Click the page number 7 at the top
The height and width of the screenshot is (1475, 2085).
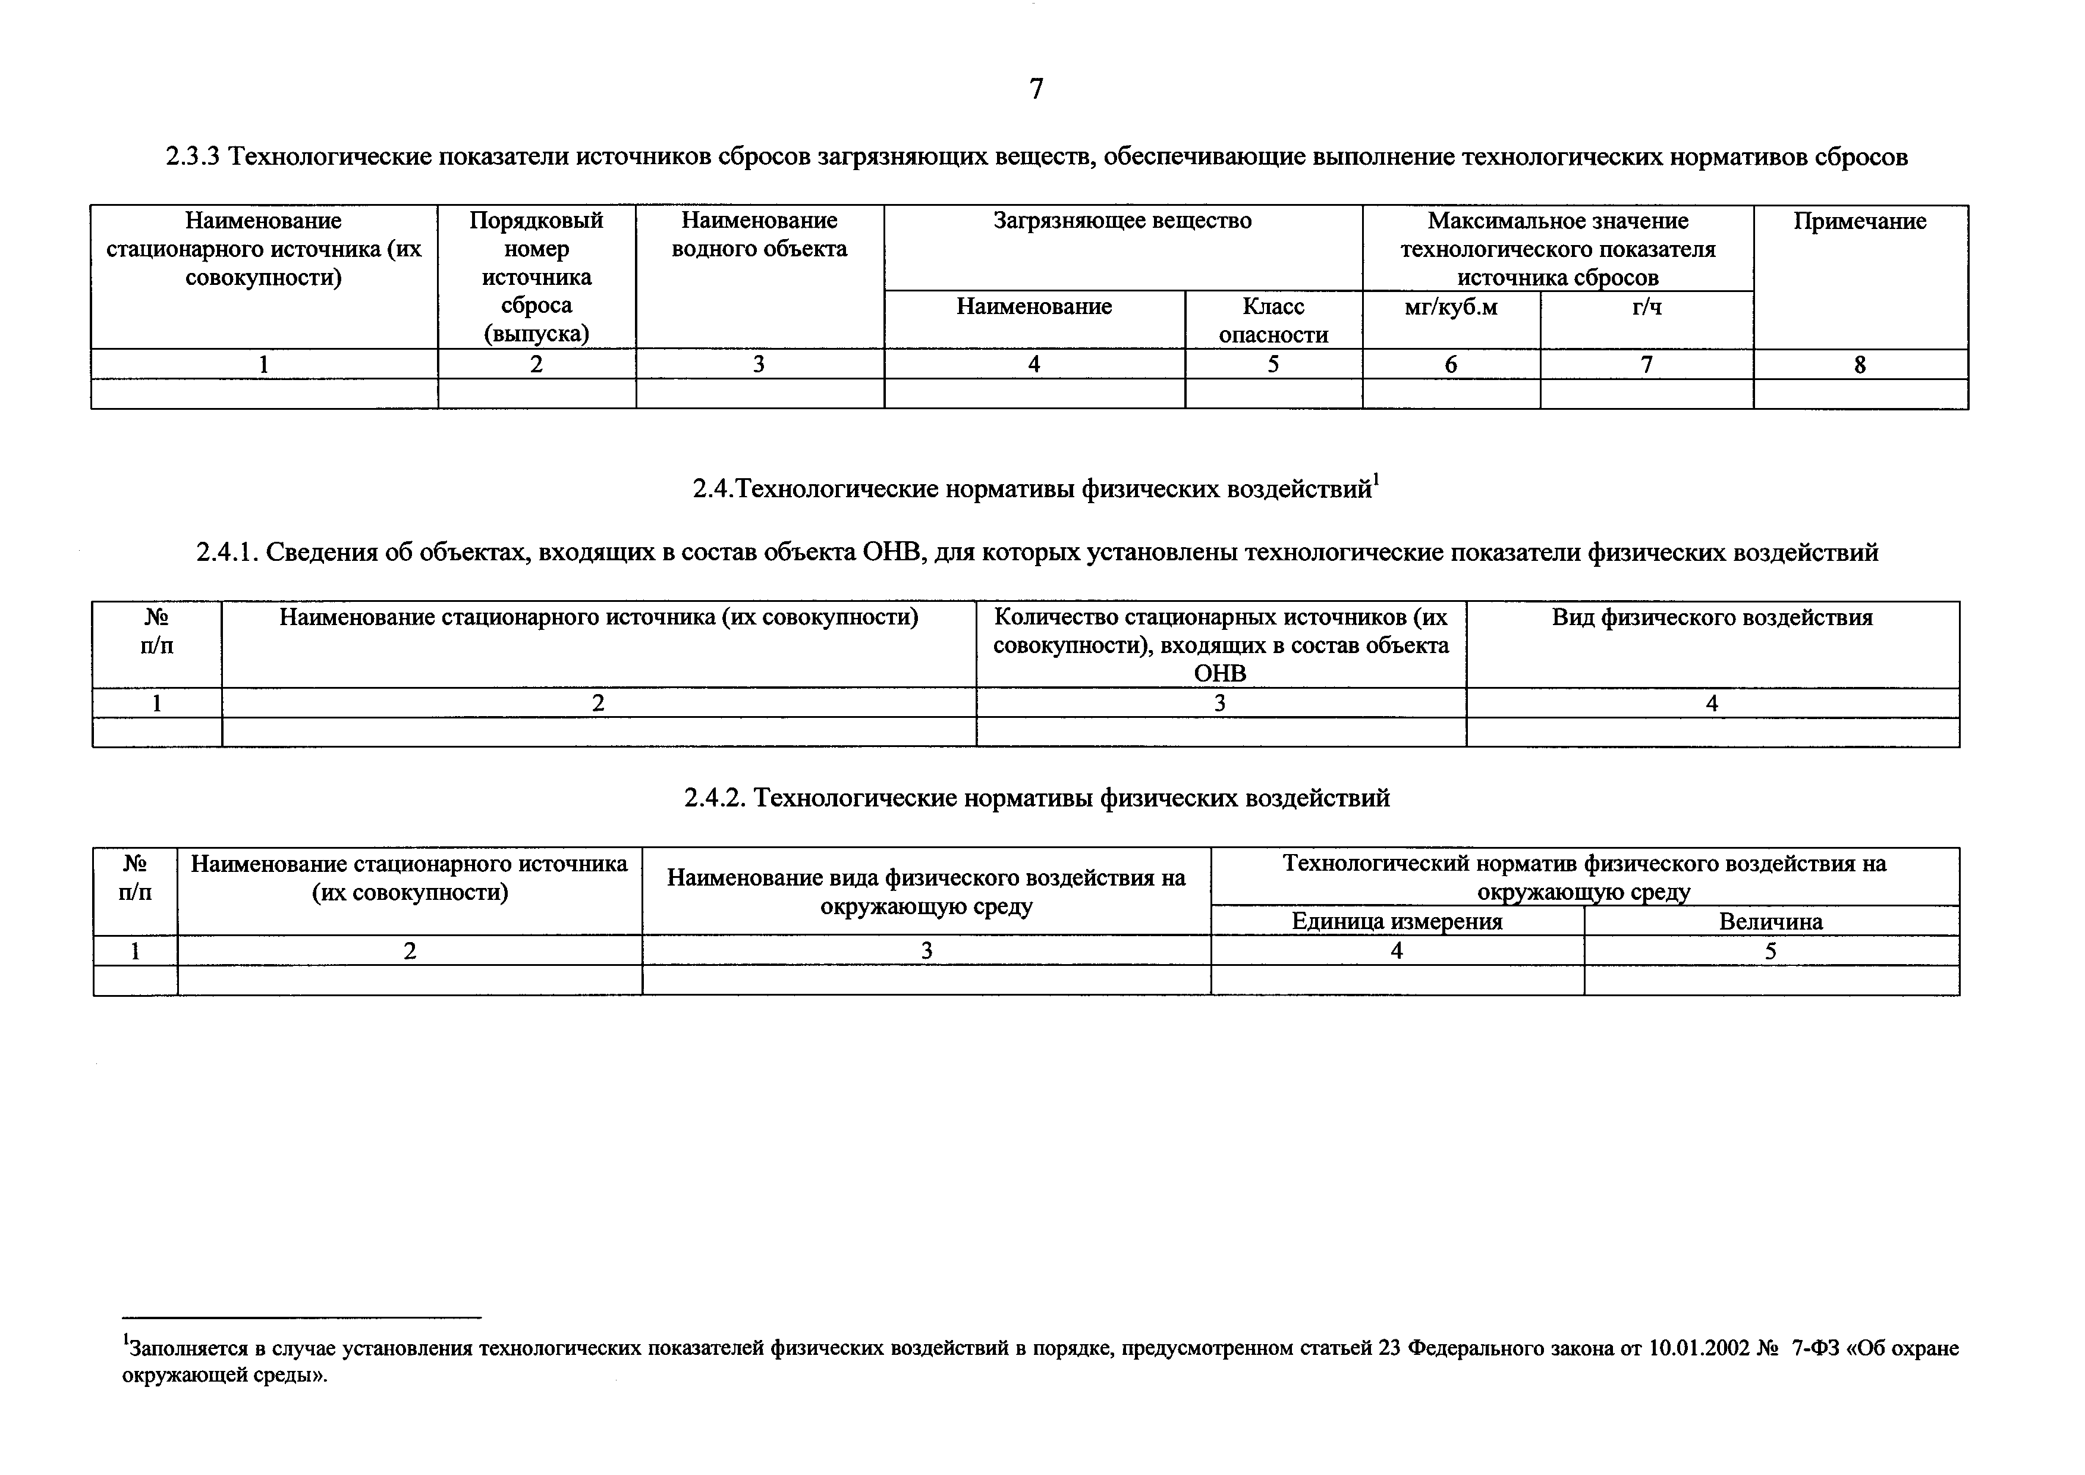(1036, 89)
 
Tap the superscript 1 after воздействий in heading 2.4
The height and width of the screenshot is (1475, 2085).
(1376, 479)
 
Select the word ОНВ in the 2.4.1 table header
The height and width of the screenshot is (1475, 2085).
(1219, 674)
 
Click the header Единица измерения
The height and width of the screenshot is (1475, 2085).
(1397, 922)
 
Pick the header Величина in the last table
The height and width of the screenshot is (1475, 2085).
(1771, 922)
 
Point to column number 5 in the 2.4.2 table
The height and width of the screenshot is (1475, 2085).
(1771, 952)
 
